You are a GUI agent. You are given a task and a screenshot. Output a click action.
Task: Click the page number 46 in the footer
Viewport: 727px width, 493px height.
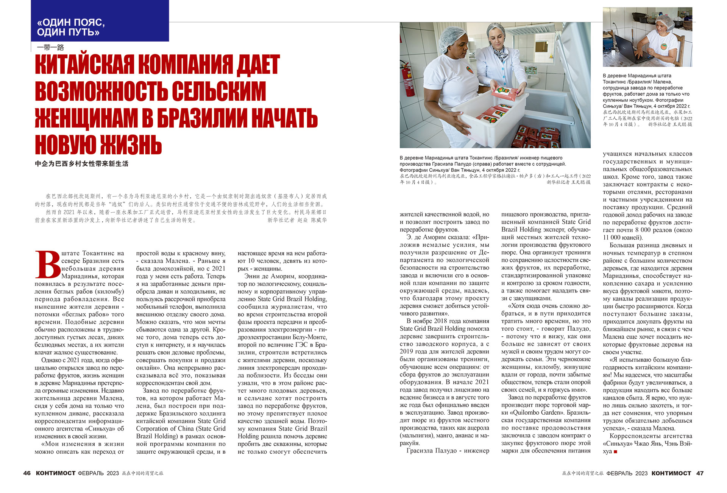(27, 473)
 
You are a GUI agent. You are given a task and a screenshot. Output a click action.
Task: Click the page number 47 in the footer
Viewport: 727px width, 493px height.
(700, 473)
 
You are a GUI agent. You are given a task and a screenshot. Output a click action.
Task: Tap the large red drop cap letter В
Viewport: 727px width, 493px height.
(47, 265)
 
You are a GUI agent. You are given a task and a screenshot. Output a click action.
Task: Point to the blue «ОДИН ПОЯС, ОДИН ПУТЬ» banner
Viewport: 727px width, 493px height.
(100, 21)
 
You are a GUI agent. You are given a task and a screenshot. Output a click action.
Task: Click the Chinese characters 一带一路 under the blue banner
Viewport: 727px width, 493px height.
(50, 47)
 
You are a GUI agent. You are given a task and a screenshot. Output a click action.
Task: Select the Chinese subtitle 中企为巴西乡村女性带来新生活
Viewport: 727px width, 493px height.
(81, 164)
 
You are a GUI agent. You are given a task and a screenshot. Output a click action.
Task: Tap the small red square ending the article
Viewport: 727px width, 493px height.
(615, 451)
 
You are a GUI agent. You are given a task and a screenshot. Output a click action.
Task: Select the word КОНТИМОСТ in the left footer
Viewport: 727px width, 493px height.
(56, 473)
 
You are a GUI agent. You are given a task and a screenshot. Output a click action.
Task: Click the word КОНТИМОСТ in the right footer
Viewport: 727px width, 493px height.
(671, 473)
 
